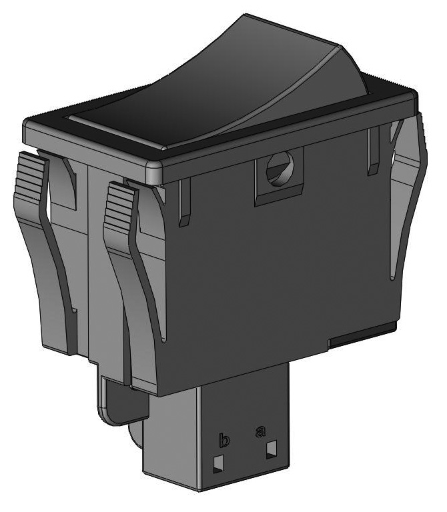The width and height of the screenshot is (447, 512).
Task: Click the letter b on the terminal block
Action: (225, 441)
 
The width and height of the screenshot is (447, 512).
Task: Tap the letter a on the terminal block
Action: (261, 431)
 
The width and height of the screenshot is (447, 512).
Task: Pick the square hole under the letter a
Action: (271, 450)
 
